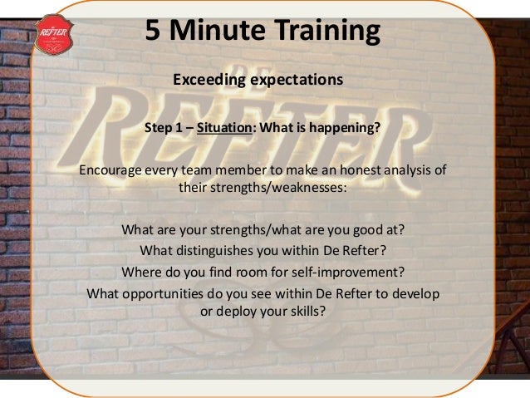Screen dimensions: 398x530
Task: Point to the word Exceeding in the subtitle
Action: point(206,81)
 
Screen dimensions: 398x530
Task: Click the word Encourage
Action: point(111,172)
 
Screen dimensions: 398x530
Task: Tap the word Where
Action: point(141,272)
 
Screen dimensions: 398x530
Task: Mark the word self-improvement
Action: point(341,272)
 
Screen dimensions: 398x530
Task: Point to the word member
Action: point(249,172)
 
